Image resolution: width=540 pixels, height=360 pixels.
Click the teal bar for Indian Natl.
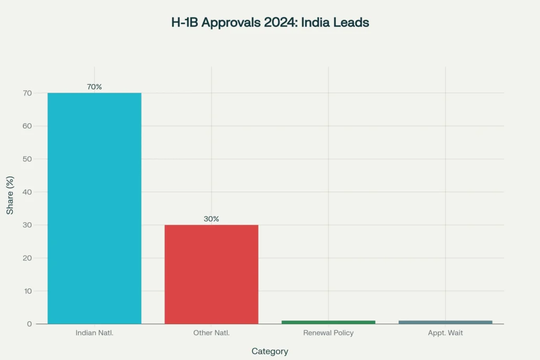pyautogui.click(x=94, y=208)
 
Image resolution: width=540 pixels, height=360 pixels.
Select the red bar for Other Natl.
pyautogui.click(x=211, y=274)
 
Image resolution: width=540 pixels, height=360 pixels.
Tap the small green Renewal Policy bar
pyautogui.click(x=328, y=322)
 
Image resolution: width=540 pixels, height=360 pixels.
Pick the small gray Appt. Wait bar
pyautogui.click(x=445, y=322)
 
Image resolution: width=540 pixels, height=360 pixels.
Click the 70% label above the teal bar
pyautogui.click(x=94, y=87)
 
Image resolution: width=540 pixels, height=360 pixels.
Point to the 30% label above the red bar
pyautogui.click(x=211, y=219)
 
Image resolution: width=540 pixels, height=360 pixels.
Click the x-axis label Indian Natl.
pyautogui.click(x=94, y=333)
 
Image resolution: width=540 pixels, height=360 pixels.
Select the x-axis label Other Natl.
pyautogui.click(x=211, y=333)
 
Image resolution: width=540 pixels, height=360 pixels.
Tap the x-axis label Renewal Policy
pyautogui.click(x=328, y=333)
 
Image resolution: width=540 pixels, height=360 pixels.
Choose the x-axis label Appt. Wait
pyautogui.click(x=445, y=333)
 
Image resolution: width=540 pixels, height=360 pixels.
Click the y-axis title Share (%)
pyautogui.click(x=10, y=196)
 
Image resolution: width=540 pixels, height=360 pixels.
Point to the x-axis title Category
pyautogui.click(x=269, y=351)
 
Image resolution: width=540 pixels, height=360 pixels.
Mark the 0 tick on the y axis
pyautogui.click(x=30, y=324)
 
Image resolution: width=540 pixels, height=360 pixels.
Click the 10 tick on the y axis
pyautogui.click(x=27, y=291)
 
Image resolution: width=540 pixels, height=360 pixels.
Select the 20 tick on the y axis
pyautogui.click(x=27, y=258)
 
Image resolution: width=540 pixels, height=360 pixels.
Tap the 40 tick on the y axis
pyautogui.click(x=27, y=192)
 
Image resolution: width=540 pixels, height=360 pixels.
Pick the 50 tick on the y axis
pyautogui.click(x=27, y=159)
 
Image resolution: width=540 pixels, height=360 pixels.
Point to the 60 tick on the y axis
pyautogui.click(x=27, y=126)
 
